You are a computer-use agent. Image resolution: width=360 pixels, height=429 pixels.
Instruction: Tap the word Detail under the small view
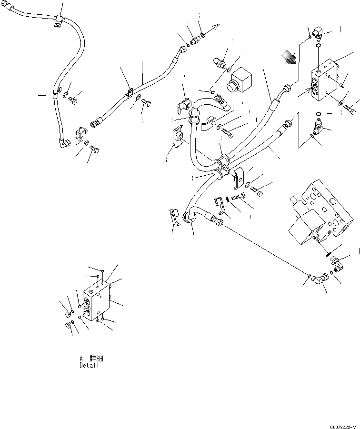tap(90, 366)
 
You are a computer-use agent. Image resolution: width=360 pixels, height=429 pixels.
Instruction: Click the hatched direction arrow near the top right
tap(289, 57)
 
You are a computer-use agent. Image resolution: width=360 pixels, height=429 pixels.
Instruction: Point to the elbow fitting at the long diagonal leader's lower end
tap(320, 279)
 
